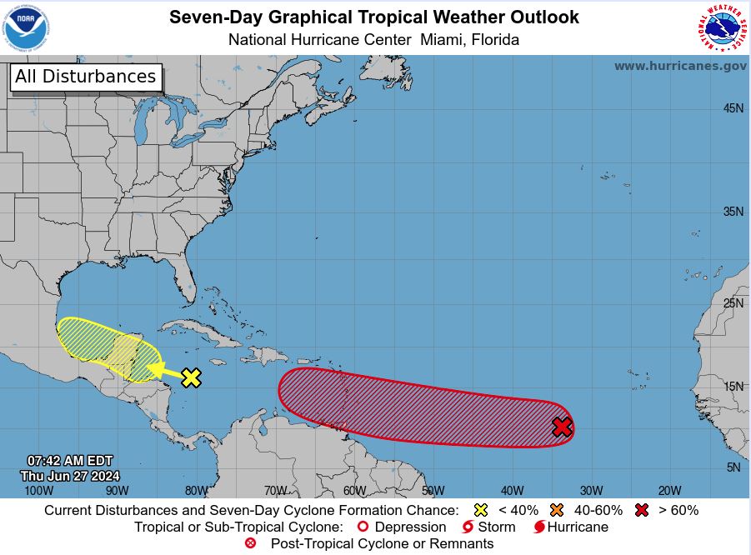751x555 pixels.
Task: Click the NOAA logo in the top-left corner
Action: coord(27,27)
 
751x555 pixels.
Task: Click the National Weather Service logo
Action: coord(722,27)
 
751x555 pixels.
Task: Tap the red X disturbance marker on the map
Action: coord(563,427)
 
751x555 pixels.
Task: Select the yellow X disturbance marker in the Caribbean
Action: coord(191,377)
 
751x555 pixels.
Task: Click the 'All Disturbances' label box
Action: coord(85,77)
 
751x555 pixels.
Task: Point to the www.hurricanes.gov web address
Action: coord(680,66)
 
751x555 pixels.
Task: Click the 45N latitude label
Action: coord(733,108)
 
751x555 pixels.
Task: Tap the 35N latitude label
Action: coord(733,212)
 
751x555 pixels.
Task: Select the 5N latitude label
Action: coord(733,467)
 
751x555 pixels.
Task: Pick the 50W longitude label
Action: coord(433,491)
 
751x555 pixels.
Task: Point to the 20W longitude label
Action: coord(669,491)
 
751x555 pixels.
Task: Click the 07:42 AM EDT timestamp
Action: coord(70,461)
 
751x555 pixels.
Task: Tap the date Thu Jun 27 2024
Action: coord(70,476)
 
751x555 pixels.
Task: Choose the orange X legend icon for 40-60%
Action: coord(557,510)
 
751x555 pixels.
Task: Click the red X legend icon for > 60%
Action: coord(641,510)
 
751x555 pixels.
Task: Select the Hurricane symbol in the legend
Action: coord(539,527)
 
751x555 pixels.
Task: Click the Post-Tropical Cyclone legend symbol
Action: coord(250,543)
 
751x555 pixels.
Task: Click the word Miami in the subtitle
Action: coord(443,39)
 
